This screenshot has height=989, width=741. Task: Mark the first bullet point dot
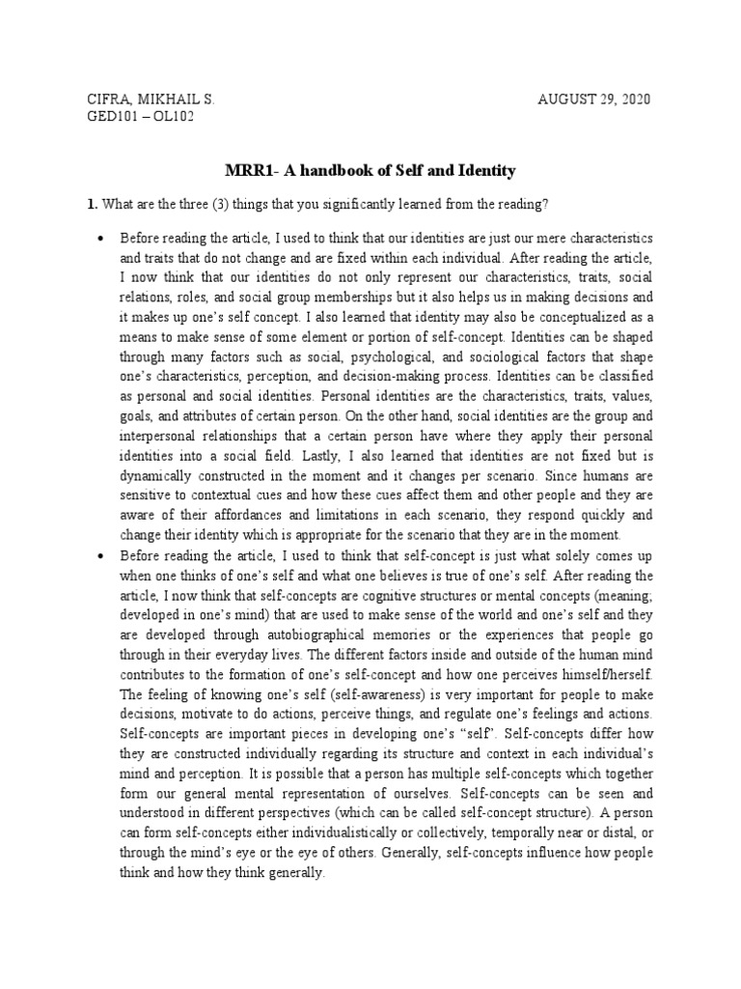[99, 238]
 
